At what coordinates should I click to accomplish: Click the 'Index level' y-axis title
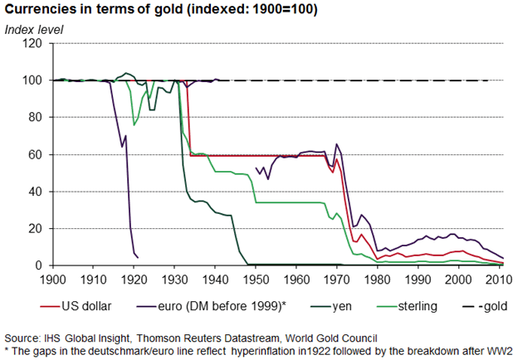tap(35, 30)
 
